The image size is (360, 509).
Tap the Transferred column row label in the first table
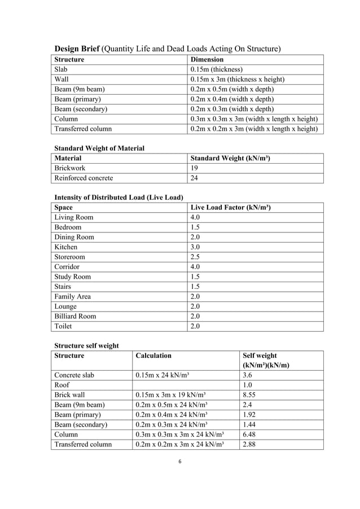tap(82, 129)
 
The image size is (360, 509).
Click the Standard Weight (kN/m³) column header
tap(230, 159)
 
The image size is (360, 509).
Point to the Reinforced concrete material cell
tap(84, 178)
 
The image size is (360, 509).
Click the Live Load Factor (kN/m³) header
tap(231, 208)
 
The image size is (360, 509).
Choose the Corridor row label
tap(67, 267)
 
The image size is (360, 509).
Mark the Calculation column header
tap(153, 356)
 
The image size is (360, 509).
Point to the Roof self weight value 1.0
tap(247, 385)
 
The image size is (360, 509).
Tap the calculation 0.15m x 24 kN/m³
tap(171, 375)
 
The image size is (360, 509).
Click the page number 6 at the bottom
tap(180, 462)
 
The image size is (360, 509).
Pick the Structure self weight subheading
tap(86, 345)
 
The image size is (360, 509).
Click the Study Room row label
tap(72, 277)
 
